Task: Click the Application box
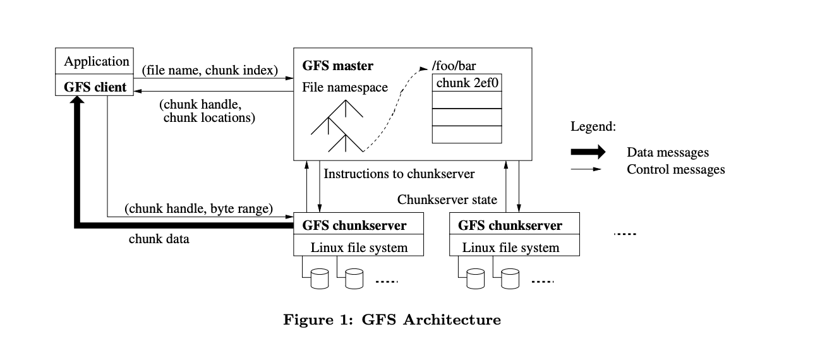(x=96, y=62)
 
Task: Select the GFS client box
(x=95, y=87)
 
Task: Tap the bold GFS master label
(x=338, y=66)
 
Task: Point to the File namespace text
(x=345, y=87)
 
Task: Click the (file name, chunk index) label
(x=210, y=69)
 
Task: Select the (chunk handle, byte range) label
(x=198, y=208)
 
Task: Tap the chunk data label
(x=159, y=239)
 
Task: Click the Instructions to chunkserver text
(x=399, y=173)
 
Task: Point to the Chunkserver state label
(x=447, y=200)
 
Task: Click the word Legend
(x=593, y=126)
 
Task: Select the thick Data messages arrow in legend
(x=588, y=152)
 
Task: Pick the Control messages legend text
(x=675, y=169)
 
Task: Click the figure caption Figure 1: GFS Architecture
(x=392, y=320)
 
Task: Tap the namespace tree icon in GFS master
(x=337, y=126)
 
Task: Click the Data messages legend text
(x=667, y=152)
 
